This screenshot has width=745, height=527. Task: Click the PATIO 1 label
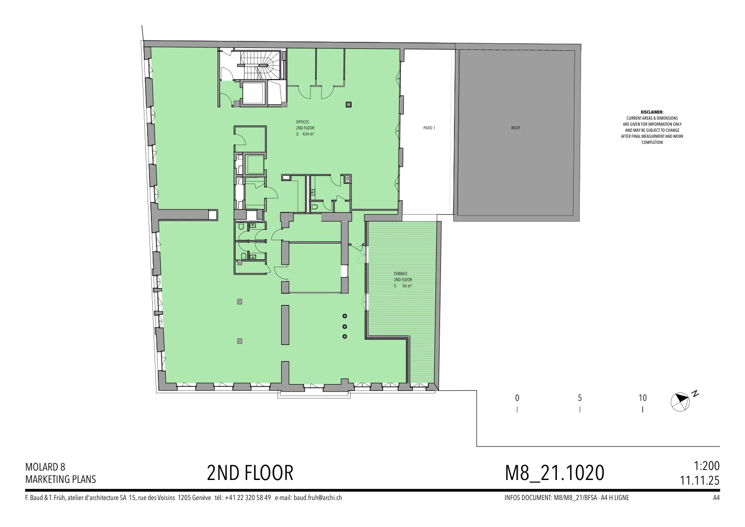[x=429, y=128]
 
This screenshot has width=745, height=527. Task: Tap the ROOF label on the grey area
[x=515, y=128]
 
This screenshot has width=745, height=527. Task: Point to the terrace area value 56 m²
[x=407, y=285]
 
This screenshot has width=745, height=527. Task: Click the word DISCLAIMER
[x=652, y=112]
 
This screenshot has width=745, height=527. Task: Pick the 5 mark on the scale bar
[x=580, y=398]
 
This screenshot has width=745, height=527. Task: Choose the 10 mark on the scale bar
[x=643, y=398]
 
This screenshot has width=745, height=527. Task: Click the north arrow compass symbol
[x=680, y=402]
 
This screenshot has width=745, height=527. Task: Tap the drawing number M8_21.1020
[x=555, y=473]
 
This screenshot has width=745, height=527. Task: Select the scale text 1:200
[x=706, y=466]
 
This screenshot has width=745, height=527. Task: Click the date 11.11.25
[x=700, y=480]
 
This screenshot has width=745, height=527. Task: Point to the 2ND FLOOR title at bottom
[x=250, y=473]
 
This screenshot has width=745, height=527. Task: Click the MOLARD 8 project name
[x=45, y=467]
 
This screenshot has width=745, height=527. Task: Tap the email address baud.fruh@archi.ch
[x=318, y=498]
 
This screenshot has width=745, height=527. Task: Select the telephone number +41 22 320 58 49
[x=248, y=498]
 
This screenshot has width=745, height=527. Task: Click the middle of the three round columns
[x=345, y=326]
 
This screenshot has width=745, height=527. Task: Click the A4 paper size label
[x=717, y=498]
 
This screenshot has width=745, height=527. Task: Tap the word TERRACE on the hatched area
[x=400, y=274]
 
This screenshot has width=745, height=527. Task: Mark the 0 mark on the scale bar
[x=517, y=398]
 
